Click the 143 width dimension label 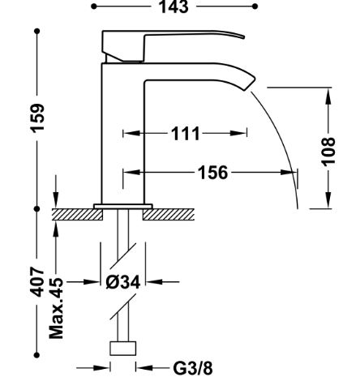(174, 6)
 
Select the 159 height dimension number (37, 118)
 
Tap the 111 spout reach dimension (186, 133)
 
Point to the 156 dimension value (213, 173)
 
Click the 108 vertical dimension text (328, 152)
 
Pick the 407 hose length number (37, 282)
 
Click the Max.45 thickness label (56, 309)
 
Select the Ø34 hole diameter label (123, 282)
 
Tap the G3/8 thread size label (193, 368)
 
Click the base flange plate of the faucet (123, 206)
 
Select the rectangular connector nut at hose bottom (123, 349)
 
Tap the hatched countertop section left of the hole (77, 214)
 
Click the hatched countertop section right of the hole (169, 214)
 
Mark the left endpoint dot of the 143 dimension (94, 6)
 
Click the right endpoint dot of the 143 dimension (255, 6)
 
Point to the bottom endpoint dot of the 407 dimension (37, 355)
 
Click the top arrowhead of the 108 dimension (328, 96)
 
